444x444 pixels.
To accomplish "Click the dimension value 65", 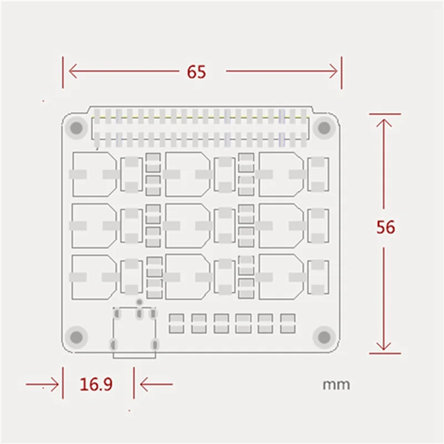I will click(196, 72).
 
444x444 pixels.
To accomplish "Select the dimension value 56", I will click(386, 228).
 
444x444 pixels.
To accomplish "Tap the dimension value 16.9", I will click(96, 384).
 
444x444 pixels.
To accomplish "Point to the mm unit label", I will click(336, 384).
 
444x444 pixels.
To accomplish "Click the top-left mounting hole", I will click(75, 128).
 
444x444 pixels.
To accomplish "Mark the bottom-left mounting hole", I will click(75, 336).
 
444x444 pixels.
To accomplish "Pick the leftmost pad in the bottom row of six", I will click(176, 324).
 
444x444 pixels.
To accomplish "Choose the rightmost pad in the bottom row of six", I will click(287, 324).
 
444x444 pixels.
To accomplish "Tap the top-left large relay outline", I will click(94, 174).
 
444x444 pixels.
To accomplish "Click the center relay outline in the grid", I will click(188, 225).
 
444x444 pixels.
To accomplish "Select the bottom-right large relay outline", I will click(281, 276).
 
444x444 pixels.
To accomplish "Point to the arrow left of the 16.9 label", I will click(44, 384).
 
